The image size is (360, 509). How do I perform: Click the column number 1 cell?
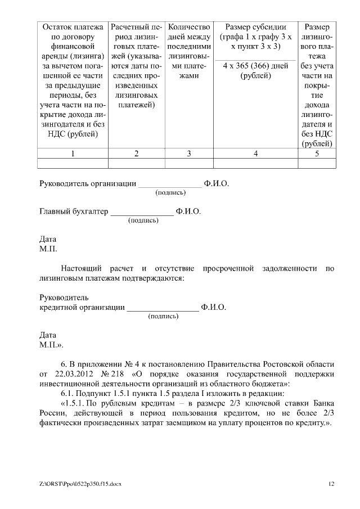(73, 154)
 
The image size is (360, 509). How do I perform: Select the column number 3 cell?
(189, 154)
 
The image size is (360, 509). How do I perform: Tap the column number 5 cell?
(317, 154)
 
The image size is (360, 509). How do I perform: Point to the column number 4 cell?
(256, 154)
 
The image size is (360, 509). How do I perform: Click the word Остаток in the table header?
(59, 27)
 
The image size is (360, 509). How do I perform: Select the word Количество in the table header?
(189, 27)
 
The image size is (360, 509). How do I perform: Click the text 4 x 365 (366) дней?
(255, 66)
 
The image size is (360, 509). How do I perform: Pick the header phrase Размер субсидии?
(256, 27)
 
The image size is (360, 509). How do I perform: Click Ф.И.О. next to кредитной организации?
(214, 307)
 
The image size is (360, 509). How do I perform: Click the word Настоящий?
(82, 267)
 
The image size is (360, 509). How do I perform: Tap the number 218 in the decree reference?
(117, 373)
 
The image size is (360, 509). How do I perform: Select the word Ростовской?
(283, 363)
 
